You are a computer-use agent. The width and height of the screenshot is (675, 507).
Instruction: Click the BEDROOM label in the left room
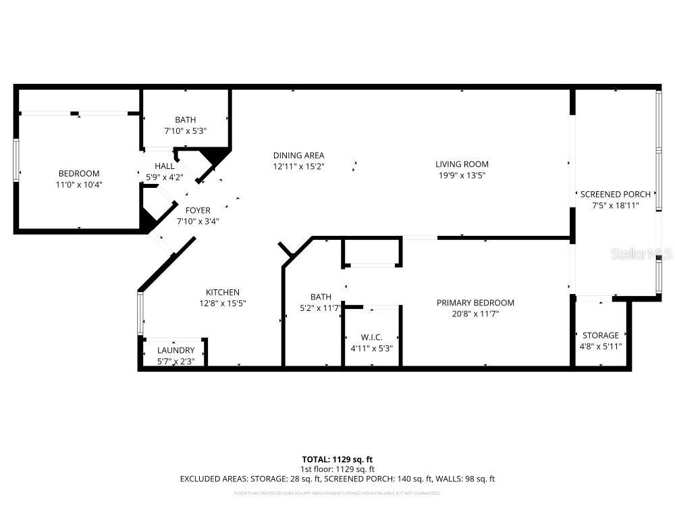(79, 173)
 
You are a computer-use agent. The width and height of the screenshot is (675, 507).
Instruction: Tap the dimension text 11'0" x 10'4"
(79, 184)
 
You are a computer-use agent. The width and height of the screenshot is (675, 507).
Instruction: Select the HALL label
(164, 166)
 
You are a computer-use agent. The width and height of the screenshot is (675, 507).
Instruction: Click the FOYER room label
(198, 210)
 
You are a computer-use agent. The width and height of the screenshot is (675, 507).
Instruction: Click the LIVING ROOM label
(462, 164)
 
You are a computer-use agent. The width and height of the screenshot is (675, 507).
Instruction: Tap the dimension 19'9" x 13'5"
(462, 175)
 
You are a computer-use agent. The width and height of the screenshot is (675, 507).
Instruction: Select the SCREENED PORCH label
(616, 194)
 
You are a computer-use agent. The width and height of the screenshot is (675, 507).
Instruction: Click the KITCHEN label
(223, 292)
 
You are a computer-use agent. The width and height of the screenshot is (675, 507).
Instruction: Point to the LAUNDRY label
(175, 350)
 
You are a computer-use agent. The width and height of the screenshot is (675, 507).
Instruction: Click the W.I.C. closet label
(371, 337)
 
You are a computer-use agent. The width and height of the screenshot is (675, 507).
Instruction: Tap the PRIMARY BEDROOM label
(475, 303)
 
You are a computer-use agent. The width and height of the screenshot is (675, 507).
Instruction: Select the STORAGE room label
(600, 335)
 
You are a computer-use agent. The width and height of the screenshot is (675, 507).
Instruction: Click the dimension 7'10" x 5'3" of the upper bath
(185, 131)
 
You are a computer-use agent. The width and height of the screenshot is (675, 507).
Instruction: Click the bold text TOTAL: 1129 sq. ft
(337, 458)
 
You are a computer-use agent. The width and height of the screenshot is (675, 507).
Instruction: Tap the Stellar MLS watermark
(641, 254)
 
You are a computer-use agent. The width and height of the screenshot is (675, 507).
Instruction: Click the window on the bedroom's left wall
(16, 160)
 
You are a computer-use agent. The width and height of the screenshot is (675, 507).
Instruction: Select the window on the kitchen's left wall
(140, 313)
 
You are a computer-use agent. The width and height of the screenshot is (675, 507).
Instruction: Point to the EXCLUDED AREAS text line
(337, 479)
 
